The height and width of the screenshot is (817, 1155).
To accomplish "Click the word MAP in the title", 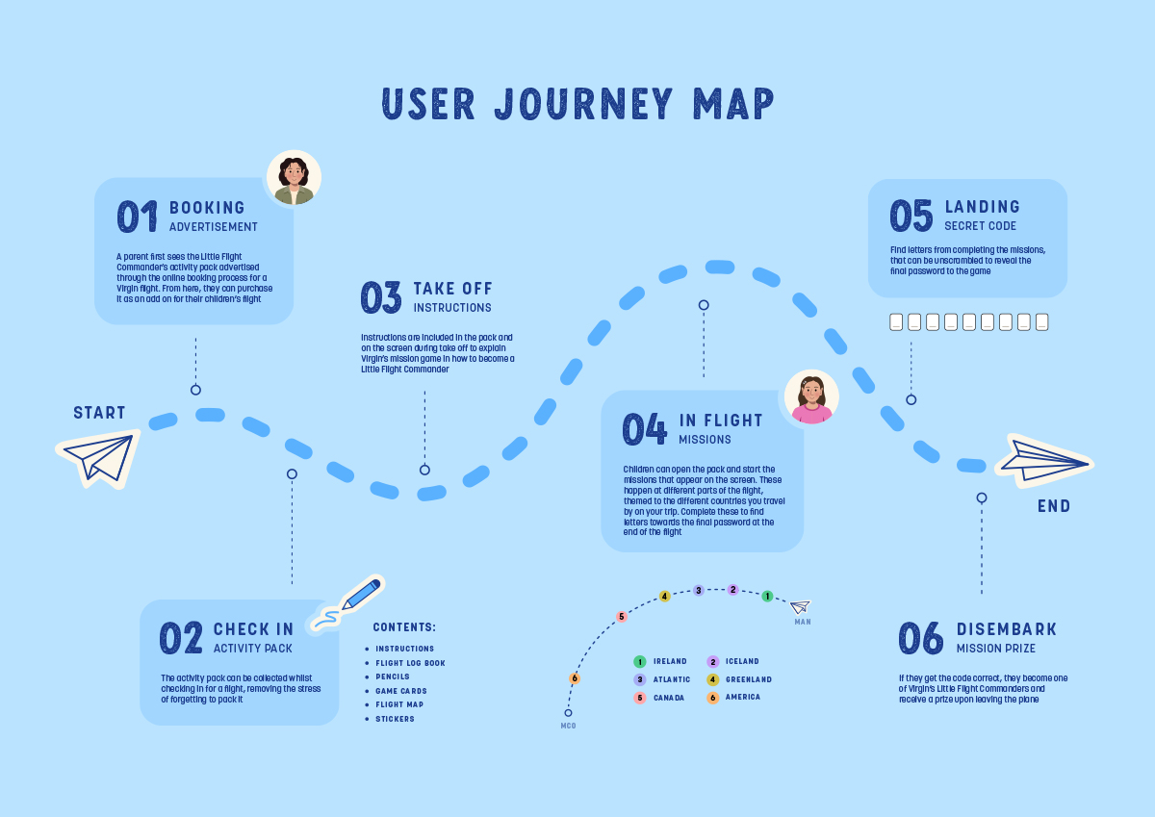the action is [733, 104].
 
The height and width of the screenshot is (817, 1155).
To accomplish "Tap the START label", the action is [99, 413].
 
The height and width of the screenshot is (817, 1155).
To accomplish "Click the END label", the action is [1054, 506].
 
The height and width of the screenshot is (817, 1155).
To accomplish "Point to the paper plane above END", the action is [1044, 460].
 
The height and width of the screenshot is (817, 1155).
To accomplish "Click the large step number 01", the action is [137, 217].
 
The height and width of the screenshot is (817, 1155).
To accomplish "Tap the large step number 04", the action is [644, 429].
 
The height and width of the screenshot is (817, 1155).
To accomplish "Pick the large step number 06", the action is [921, 638].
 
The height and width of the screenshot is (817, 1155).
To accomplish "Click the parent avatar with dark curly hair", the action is [294, 177].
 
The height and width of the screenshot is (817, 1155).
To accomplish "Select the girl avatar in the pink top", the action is [811, 396].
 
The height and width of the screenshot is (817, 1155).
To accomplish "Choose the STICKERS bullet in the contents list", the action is [395, 719].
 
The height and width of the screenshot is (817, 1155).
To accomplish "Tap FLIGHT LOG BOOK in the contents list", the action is [410, 663].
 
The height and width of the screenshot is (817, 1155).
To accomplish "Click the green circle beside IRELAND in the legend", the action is [640, 662].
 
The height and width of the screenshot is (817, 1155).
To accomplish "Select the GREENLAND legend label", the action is [749, 679].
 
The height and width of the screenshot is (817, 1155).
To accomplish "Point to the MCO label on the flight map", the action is [568, 726].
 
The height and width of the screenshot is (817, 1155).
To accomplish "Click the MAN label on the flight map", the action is [803, 622].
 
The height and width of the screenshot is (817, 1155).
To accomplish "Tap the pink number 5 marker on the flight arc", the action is [622, 617].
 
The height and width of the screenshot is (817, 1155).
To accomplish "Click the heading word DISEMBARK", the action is [1007, 629].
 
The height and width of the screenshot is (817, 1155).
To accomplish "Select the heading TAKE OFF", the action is [452, 289].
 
